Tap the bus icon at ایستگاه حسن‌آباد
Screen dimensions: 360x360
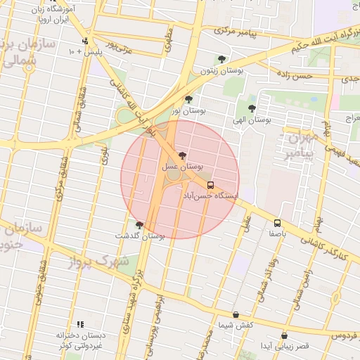211,186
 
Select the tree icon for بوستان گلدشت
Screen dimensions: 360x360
139,225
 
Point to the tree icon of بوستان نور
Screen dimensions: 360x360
188,99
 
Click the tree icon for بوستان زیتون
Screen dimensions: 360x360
222,59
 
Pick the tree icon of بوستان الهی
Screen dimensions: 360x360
252,108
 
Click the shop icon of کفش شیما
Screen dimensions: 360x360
236,315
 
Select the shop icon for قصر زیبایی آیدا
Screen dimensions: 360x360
284,336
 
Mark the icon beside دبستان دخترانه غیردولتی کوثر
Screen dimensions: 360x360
80,324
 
